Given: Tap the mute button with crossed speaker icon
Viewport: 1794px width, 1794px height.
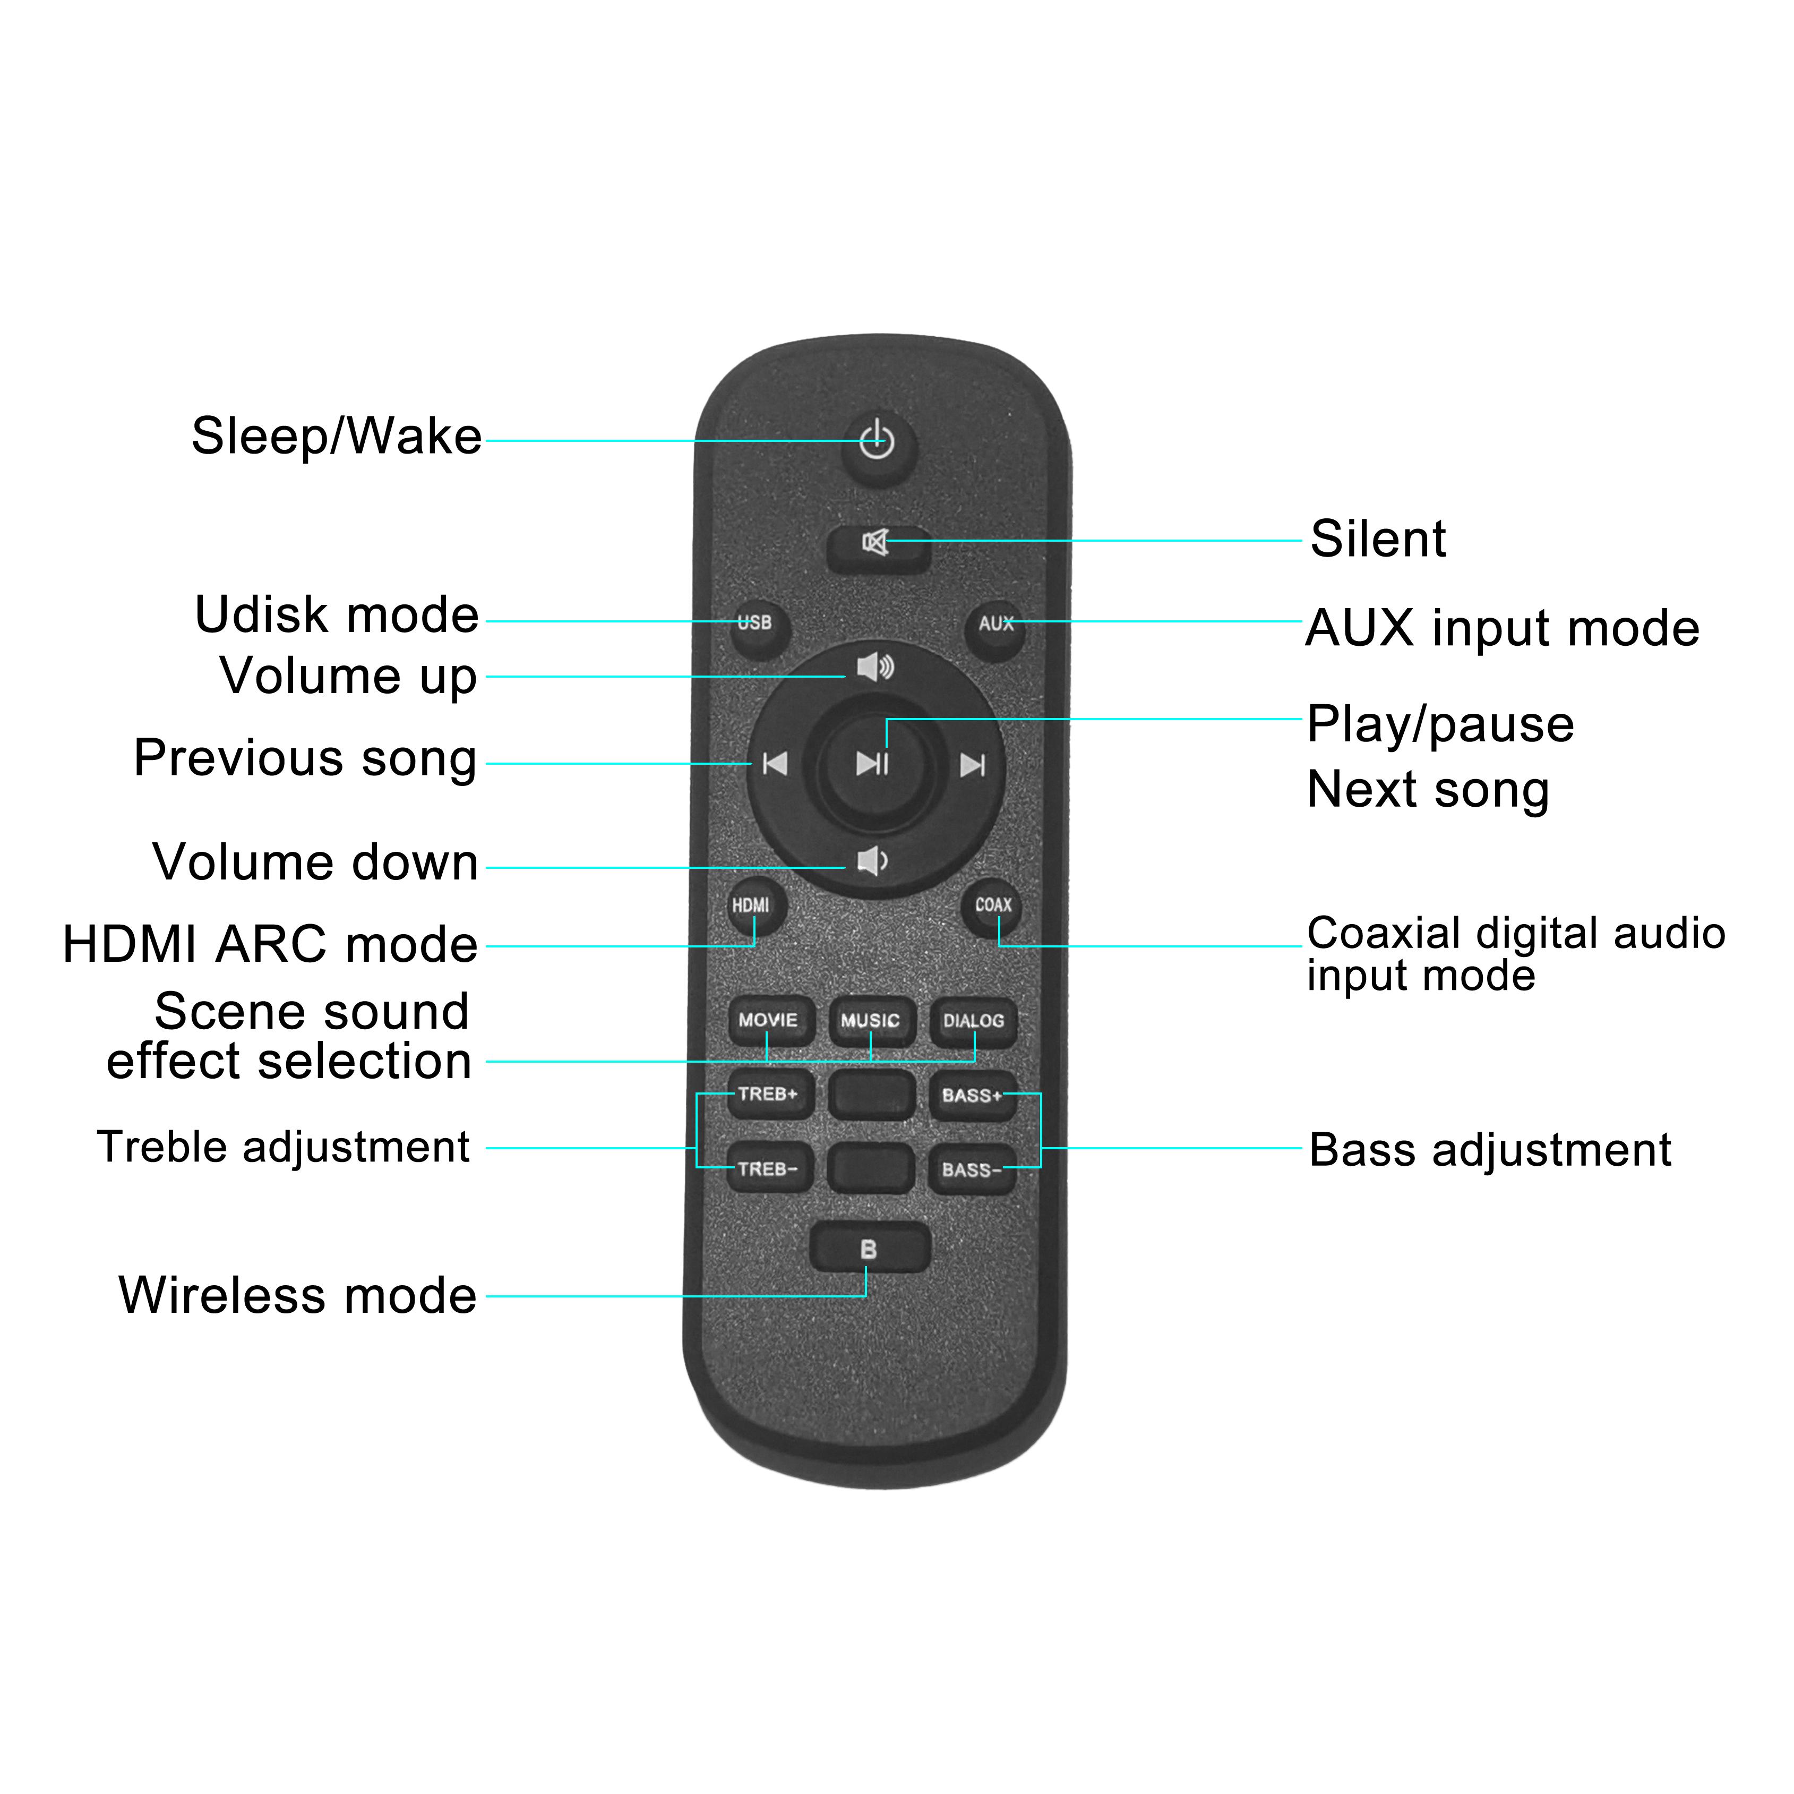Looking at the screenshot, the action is point(879,548).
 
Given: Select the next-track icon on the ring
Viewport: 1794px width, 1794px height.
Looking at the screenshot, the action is point(972,765).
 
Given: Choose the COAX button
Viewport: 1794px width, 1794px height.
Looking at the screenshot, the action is point(993,907).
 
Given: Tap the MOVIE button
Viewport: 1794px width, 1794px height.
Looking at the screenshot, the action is point(769,1022).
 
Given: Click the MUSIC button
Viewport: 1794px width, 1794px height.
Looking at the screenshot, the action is point(871,1022).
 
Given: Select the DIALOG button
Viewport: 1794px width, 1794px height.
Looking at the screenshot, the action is point(973,1023).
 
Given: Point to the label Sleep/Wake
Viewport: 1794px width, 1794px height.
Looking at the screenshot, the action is point(336,437).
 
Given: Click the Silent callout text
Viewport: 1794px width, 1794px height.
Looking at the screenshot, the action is point(1378,539).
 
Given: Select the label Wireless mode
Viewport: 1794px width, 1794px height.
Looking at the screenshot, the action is point(298,1295).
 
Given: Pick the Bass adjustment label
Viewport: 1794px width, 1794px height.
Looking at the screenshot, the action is point(1490,1150).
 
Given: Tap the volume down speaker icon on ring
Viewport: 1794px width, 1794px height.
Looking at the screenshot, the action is point(872,862).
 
